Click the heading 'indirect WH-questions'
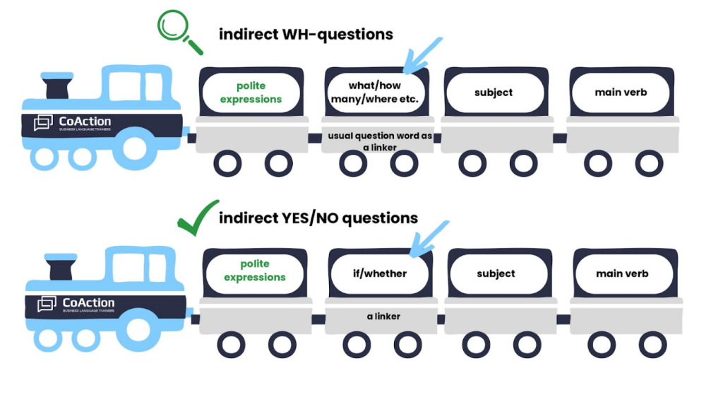[306, 34]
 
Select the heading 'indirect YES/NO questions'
[318, 218]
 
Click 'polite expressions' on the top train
[251, 93]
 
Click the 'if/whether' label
[380, 273]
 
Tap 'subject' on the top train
[494, 93]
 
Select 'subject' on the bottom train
[496, 273]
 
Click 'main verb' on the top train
[621, 93]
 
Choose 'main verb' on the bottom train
[621, 273]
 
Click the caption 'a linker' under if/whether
[383, 316]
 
